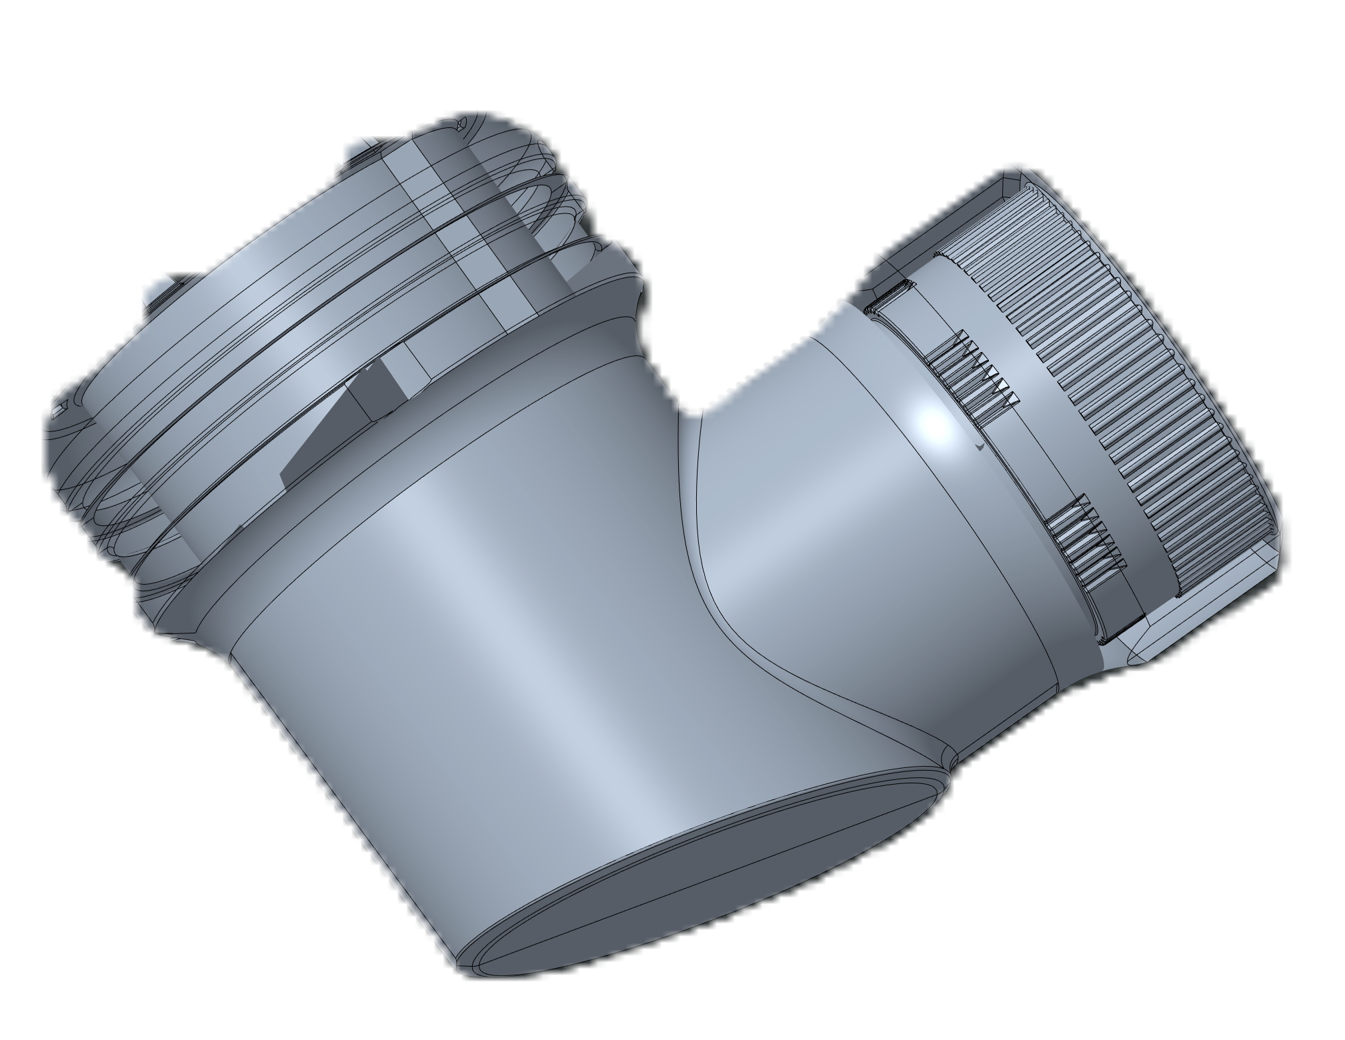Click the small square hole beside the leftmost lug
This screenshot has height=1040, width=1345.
[x=63, y=407]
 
